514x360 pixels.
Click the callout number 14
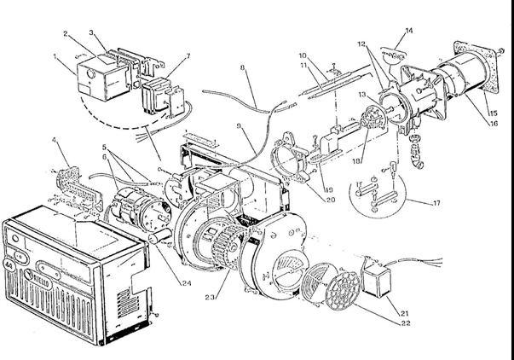coord(409,30)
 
